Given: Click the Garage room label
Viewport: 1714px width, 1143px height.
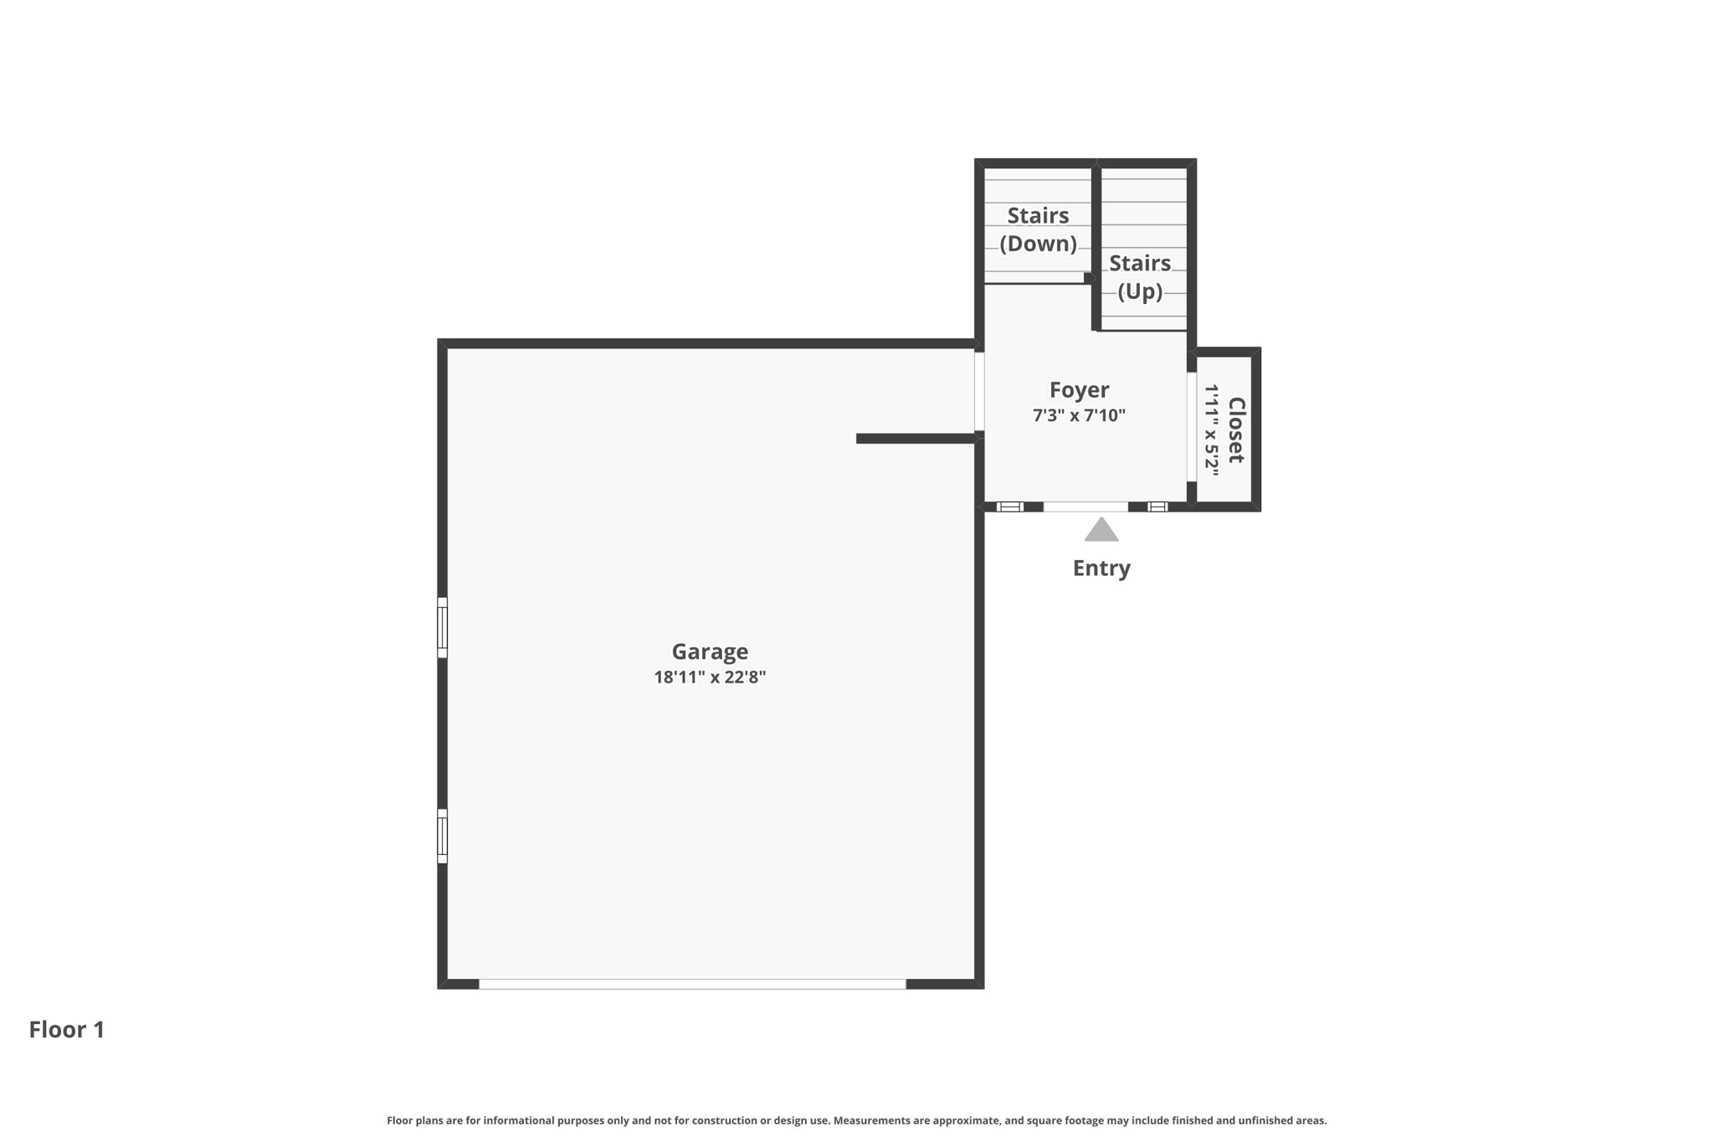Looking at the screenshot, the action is point(710,651).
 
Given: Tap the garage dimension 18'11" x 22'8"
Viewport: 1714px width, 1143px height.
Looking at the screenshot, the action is point(710,677).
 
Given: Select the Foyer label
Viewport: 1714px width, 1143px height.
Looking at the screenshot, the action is point(1079,390).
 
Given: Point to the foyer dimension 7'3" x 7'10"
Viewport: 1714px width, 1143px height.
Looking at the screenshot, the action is point(1079,415).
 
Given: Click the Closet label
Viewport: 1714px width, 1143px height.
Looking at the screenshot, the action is point(1236,430).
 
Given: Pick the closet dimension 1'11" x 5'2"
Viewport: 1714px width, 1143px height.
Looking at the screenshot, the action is point(1211,430).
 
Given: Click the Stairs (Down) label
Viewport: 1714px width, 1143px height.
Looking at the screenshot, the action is point(1038,229).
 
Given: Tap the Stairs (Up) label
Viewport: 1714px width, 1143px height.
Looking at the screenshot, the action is point(1140,277).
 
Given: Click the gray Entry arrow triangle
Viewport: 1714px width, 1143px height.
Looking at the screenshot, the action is point(1101,529).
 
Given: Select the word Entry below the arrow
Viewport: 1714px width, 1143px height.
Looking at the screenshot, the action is point(1101,568).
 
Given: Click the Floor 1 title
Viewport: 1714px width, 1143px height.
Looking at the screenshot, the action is point(67,1029).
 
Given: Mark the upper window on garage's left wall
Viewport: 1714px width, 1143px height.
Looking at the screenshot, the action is point(443,627).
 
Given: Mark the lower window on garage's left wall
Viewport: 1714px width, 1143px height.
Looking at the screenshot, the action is point(443,836).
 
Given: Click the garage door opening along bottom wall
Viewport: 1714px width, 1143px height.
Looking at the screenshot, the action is point(692,984).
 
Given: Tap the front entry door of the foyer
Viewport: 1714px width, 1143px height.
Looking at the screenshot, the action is point(1085,507).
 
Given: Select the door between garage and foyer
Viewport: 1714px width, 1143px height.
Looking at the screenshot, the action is point(979,391).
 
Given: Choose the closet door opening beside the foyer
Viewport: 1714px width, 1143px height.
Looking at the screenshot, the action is point(1192,427).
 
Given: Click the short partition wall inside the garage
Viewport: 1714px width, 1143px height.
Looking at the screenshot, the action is point(916,439).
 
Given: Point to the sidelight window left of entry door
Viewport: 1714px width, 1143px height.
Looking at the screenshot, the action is point(1010,507).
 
